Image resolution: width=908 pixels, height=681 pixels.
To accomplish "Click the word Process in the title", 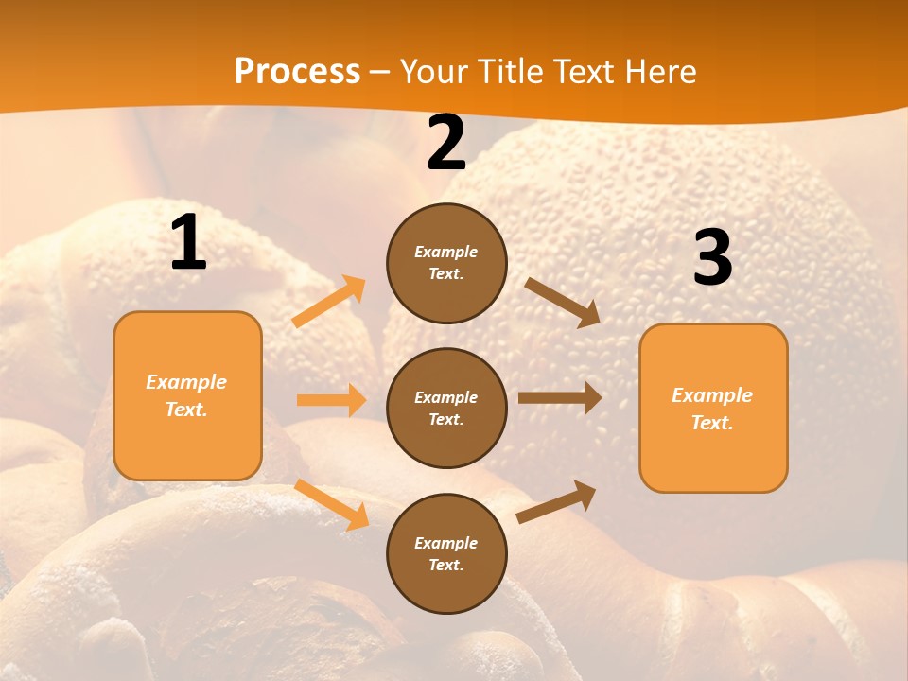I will [x=297, y=71].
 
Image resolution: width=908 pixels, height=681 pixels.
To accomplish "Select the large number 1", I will [x=188, y=243].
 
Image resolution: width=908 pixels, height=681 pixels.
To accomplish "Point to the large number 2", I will [x=445, y=143].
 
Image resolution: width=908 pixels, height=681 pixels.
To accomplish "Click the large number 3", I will [x=712, y=257].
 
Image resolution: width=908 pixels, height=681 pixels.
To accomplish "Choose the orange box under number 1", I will [x=187, y=395].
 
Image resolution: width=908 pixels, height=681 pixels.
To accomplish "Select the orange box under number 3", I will [x=713, y=408].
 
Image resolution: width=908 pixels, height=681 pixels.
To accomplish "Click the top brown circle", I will [x=446, y=263].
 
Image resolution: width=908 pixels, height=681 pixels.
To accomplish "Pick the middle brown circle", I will [x=446, y=408].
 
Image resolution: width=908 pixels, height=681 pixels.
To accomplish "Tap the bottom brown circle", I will [x=446, y=553].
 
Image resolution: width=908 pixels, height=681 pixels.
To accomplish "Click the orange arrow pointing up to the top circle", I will [x=329, y=302].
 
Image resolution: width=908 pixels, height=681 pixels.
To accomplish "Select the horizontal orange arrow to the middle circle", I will [x=331, y=400].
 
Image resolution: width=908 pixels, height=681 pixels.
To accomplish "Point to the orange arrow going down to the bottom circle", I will [x=332, y=504].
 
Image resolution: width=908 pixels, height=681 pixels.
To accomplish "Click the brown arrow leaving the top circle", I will [x=563, y=302].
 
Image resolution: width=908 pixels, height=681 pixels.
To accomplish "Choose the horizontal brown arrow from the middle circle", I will [x=559, y=398].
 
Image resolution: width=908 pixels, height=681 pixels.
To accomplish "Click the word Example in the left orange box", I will [x=186, y=382].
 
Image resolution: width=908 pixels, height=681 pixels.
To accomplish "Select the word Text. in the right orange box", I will [x=712, y=423].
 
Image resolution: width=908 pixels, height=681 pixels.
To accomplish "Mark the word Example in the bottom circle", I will [x=446, y=543].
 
